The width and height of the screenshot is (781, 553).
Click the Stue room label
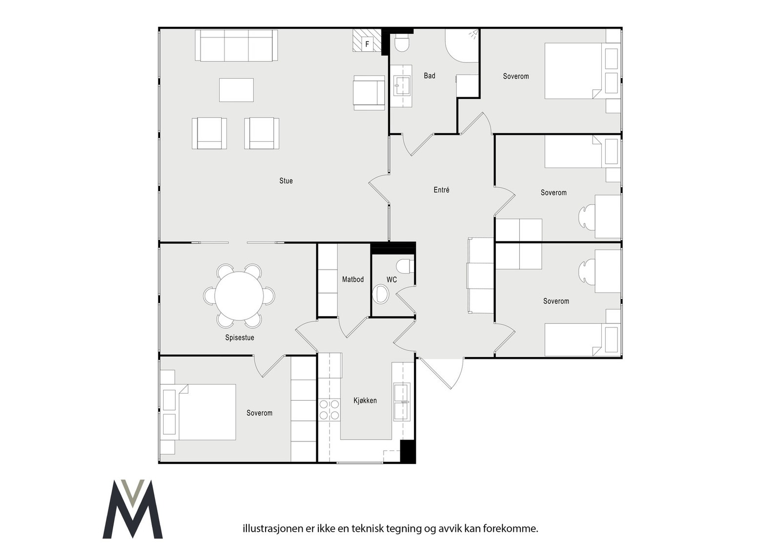pos(286,181)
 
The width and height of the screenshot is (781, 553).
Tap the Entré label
pos(441,190)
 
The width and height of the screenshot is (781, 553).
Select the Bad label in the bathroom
pos(430,76)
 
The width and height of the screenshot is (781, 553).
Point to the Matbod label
pos(353,279)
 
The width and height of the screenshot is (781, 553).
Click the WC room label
pos(391,280)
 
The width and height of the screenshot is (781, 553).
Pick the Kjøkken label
pos(365,401)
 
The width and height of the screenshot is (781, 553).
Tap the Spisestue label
pos(240,338)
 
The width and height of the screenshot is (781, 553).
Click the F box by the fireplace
pos(367,44)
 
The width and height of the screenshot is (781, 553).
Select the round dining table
pos(239,296)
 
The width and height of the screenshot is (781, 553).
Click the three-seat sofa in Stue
pos(236,45)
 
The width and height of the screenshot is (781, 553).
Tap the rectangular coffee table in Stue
pos(236,90)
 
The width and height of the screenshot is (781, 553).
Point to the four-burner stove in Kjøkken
pos(329,409)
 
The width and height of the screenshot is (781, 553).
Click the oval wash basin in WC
pos(381,294)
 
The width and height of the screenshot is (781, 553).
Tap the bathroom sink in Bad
pos(403,86)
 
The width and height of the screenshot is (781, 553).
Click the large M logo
pos(132,509)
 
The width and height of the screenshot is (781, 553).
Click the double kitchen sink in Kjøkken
pos(402,402)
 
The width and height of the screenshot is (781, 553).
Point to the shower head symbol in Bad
pos(473,34)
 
